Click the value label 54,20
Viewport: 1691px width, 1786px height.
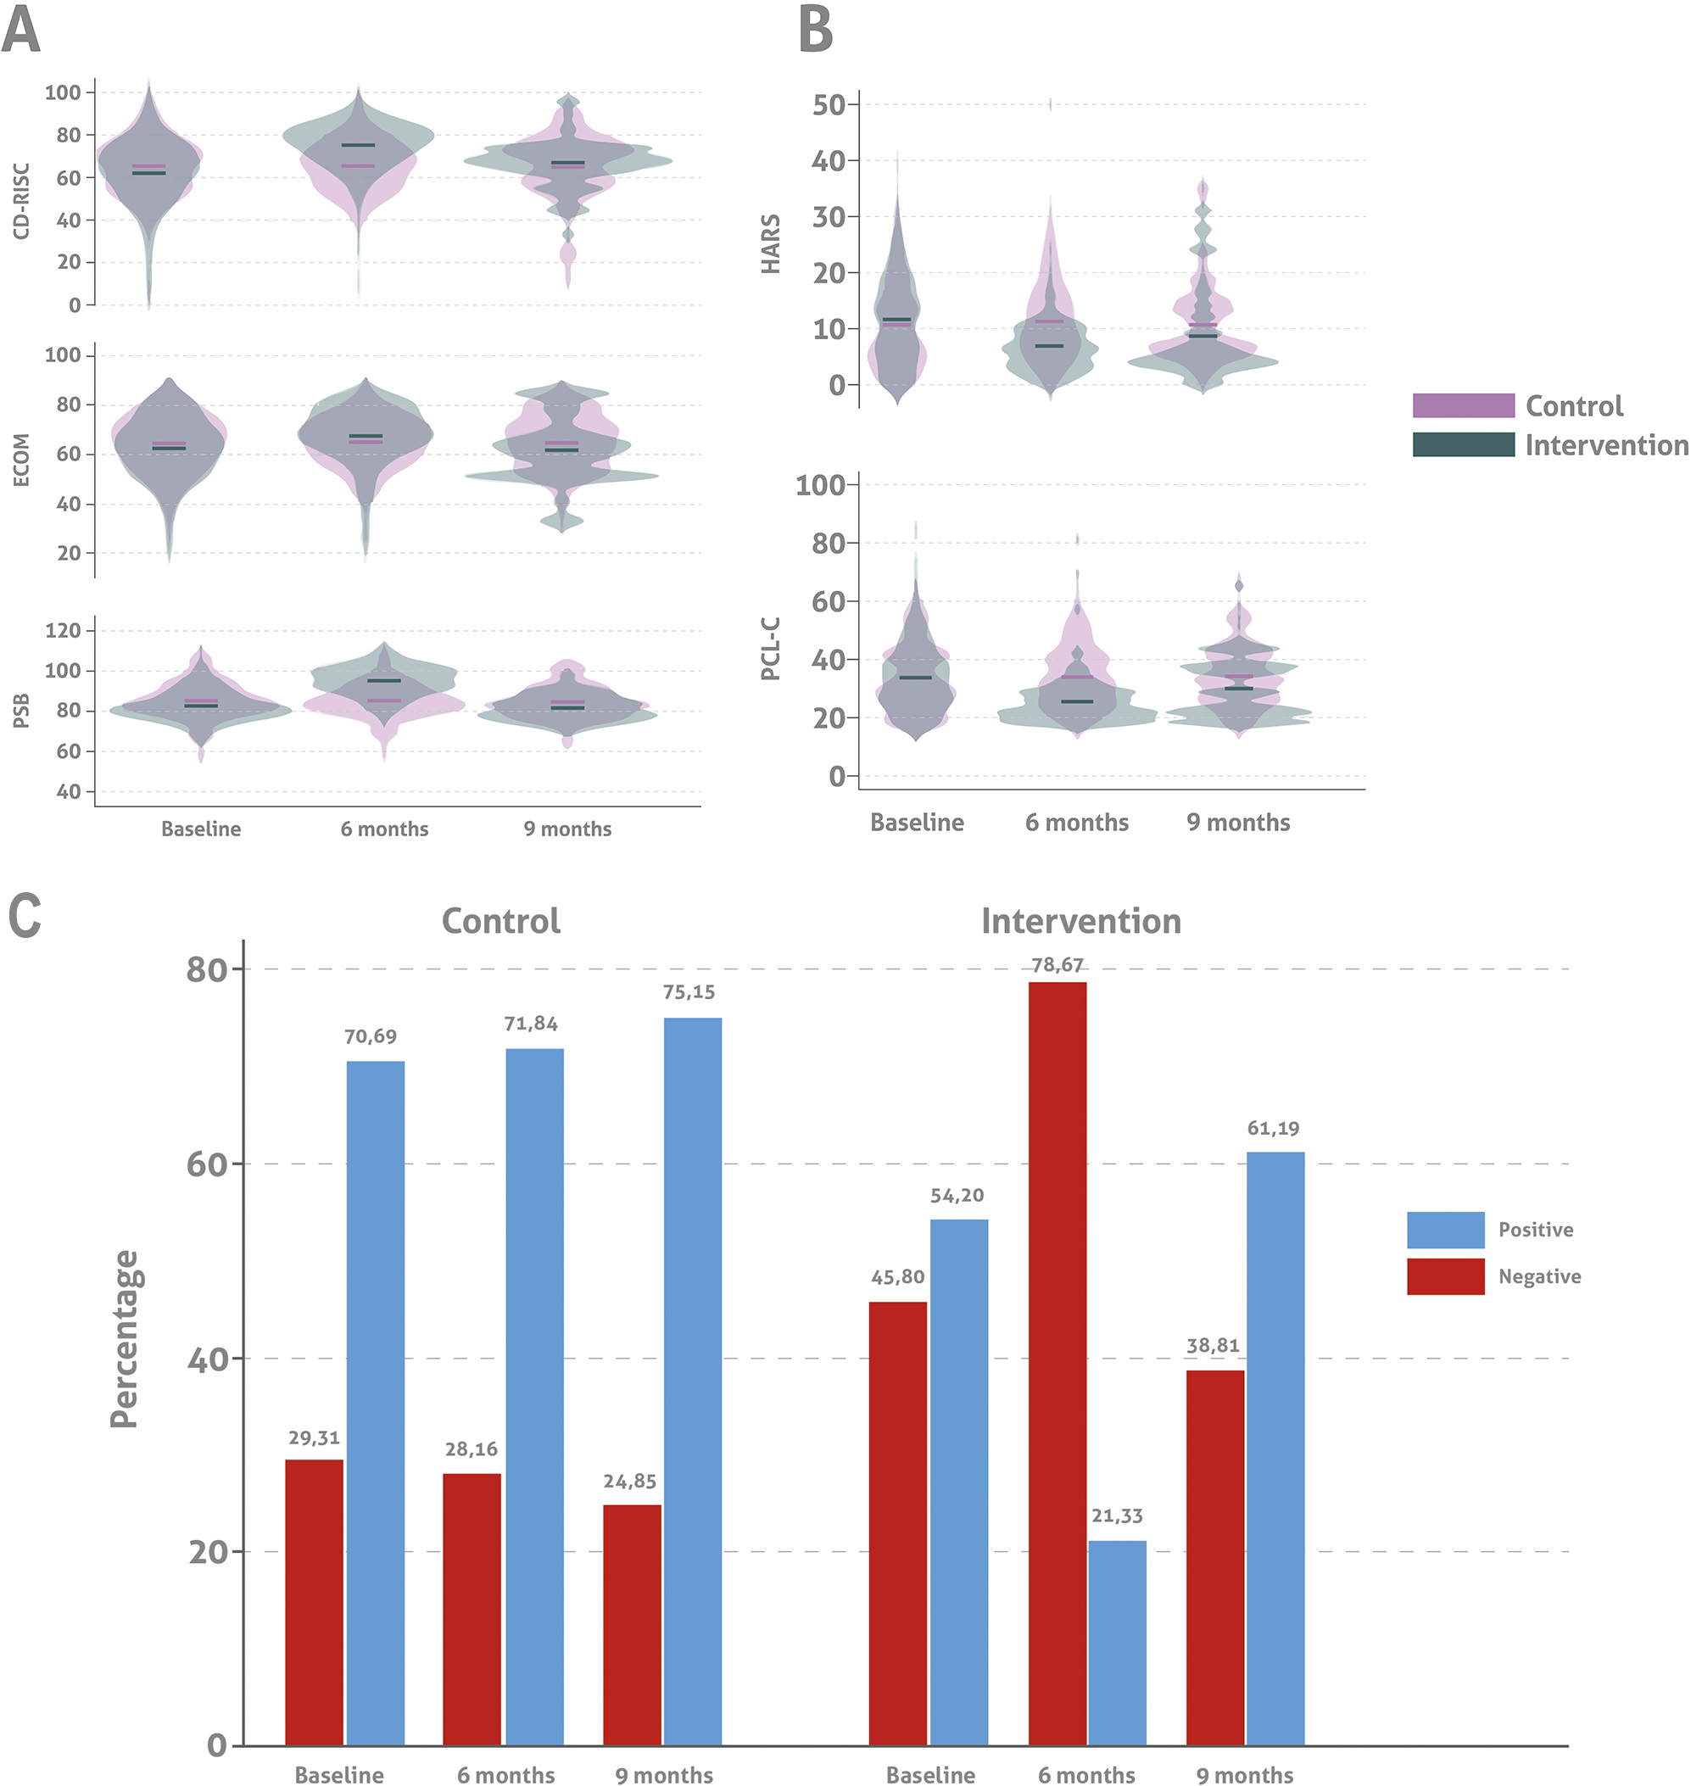tap(957, 1196)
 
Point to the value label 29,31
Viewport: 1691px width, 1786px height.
tap(314, 1438)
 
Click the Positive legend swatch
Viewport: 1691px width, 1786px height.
tap(1445, 1230)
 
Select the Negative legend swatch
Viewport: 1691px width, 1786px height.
tap(1445, 1276)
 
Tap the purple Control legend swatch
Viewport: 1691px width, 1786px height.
tap(1463, 405)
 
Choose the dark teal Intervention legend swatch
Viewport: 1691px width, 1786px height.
tap(1463, 444)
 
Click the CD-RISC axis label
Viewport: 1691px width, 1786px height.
tap(22, 200)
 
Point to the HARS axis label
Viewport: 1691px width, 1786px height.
tap(771, 243)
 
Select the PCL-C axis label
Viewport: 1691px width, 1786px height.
tap(771, 649)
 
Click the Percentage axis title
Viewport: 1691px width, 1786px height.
tap(125, 1339)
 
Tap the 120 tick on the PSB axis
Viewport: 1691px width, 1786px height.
tap(63, 630)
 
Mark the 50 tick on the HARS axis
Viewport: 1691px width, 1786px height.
tap(829, 104)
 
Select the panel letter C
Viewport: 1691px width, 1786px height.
tap(25, 916)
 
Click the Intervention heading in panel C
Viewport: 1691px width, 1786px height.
tap(1080, 921)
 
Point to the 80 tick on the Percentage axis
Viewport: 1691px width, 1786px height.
tap(205, 969)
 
